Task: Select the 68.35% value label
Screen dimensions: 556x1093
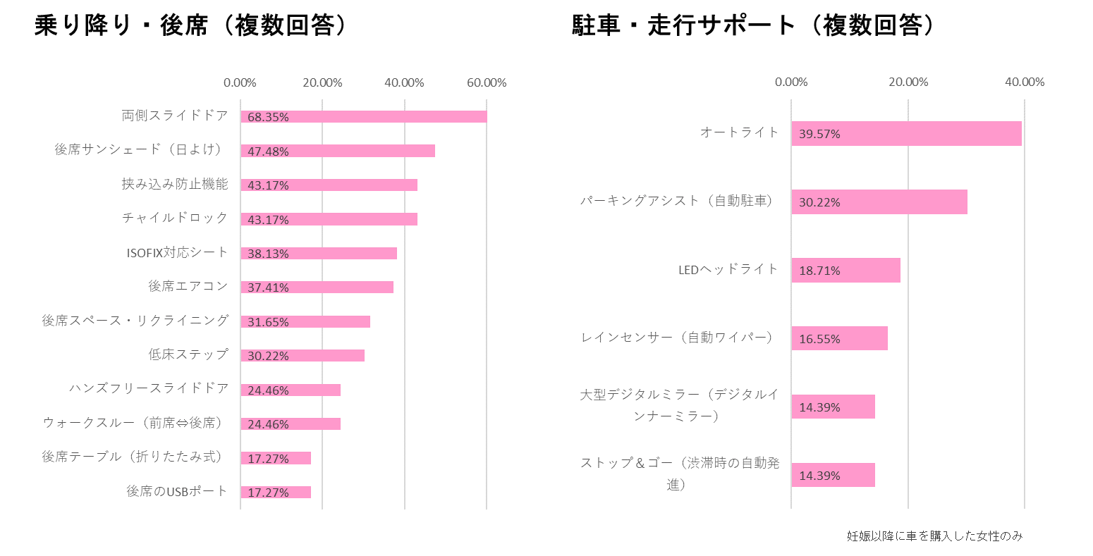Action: click(x=268, y=117)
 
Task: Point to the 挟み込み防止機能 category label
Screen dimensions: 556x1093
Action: click(x=175, y=184)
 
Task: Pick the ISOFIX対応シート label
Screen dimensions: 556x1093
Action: click(x=178, y=252)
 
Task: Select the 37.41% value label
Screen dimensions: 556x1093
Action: click(x=268, y=288)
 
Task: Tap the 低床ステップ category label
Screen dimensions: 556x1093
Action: click(x=188, y=354)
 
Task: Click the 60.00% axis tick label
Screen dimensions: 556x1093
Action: click(x=487, y=82)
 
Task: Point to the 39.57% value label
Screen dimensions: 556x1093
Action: click(x=819, y=134)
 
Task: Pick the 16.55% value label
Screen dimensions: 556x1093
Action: click(x=819, y=339)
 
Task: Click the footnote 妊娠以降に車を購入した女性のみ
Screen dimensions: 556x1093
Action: click(x=934, y=536)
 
